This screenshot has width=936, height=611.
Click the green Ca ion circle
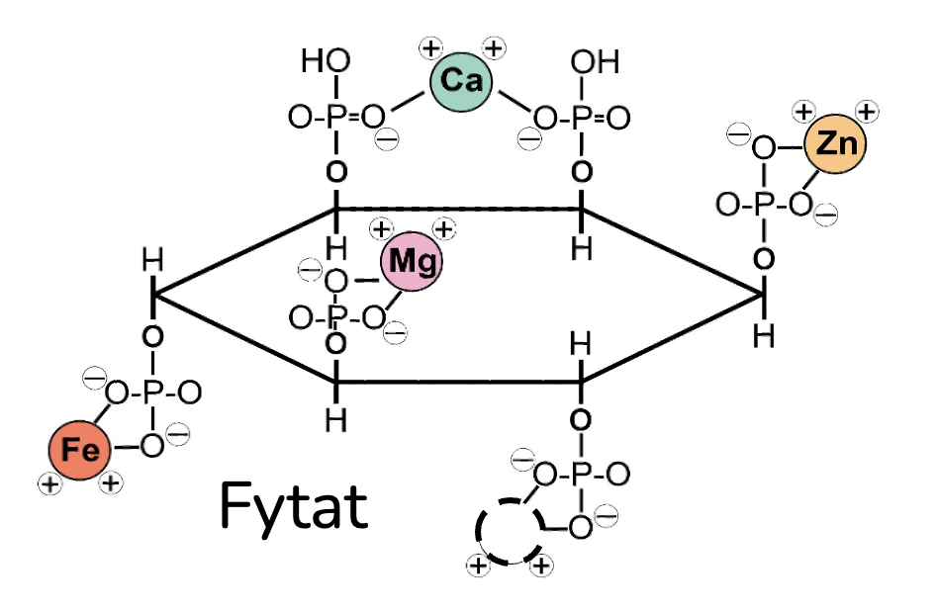point(461,81)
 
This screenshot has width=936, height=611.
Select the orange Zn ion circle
point(835,145)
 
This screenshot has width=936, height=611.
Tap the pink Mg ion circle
point(412,262)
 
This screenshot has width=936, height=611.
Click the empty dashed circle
point(509,530)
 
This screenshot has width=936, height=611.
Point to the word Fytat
point(293,505)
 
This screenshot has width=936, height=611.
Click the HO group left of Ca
point(326,62)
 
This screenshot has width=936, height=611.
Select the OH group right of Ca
point(595,62)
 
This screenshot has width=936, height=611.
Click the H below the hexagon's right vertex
point(763,336)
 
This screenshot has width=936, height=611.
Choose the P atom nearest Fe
point(151,393)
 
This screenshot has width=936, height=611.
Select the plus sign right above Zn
point(868,111)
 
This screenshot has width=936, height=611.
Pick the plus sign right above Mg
point(444,230)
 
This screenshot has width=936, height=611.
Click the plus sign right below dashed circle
point(541,566)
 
